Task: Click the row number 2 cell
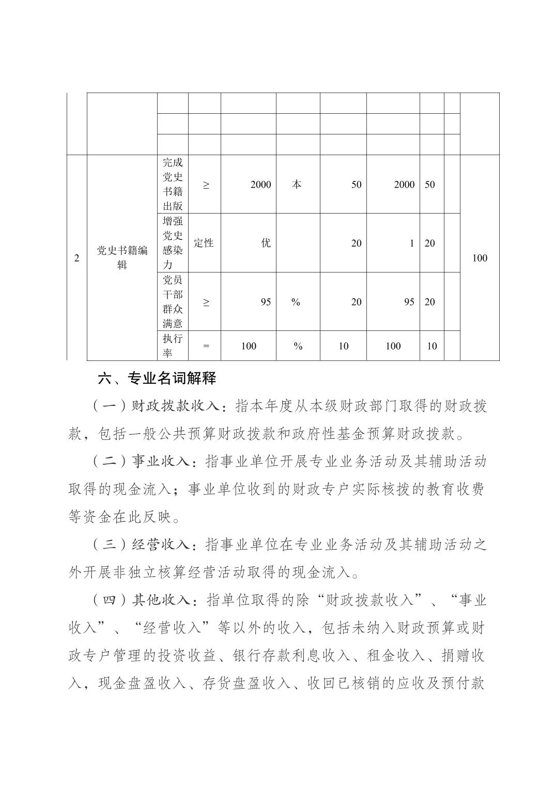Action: (76, 258)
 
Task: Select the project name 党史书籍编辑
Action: (122, 258)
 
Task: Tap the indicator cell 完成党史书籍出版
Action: (173, 184)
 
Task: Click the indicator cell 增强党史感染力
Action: (173, 243)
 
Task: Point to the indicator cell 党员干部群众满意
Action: (173, 302)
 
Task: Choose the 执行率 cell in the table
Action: (173, 346)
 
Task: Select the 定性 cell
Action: (204, 243)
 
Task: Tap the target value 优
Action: (266, 243)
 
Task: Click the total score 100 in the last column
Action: (480, 258)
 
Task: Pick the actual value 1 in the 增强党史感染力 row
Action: (412, 243)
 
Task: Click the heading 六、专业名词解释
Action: (157, 379)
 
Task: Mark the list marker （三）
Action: (110, 545)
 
